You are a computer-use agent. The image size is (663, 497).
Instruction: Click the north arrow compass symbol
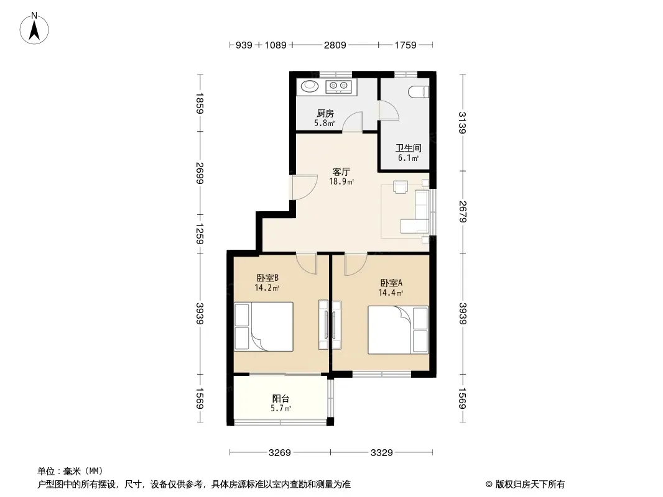coord(34,29)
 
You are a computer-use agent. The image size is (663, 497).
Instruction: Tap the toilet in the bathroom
coord(419,92)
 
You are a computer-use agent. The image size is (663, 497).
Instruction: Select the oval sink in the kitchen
coord(309,86)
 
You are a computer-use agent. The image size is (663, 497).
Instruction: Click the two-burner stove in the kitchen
coord(339,86)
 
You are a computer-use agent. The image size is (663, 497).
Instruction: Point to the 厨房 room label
coord(325,114)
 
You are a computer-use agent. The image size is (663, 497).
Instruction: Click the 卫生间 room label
coord(408,148)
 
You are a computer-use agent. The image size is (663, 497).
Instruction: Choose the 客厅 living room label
coord(341,172)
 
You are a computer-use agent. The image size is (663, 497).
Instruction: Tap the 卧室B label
coord(267,278)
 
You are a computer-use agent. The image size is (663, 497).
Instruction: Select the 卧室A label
coord(391,283)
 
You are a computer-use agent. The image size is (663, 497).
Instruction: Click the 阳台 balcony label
coord(280,398)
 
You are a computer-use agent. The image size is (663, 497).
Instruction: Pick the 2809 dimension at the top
coord(335,45)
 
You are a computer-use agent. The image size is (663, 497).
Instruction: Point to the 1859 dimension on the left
coord(200,103)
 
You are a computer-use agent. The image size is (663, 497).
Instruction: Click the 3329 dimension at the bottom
coord(381,453)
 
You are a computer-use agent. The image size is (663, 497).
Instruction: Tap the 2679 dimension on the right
coord(462,212)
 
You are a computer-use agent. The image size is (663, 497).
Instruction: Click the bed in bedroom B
coord(264,326)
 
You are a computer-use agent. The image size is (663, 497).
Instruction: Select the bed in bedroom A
coord(398,330)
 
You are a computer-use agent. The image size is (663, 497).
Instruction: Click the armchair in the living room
coord(401,186)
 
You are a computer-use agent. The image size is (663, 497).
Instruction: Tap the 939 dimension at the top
coord(244,45)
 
